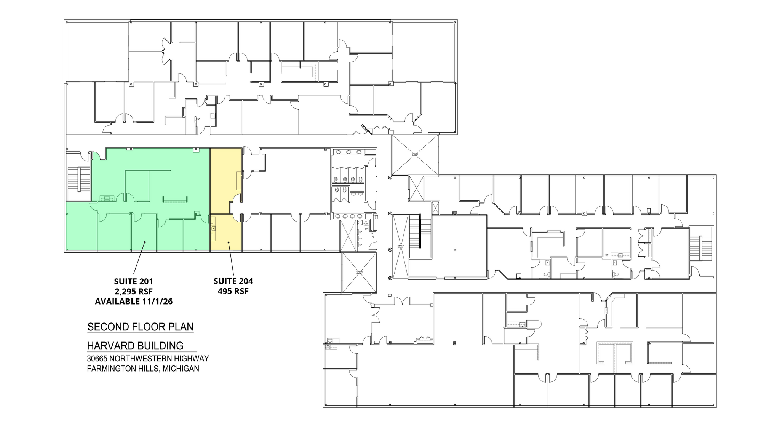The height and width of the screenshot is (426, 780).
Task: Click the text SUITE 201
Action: pos(133,282)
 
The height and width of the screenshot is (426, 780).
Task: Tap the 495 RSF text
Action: pos(233,291)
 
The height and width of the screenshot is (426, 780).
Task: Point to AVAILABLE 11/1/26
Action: pos(133,302)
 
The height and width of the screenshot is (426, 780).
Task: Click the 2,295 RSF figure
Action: pos(133,292)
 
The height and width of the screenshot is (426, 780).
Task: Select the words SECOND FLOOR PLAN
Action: pos(140,327)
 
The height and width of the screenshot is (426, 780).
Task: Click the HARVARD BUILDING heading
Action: pos(135,346)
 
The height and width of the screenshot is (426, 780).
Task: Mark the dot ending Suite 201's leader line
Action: pos(144,242)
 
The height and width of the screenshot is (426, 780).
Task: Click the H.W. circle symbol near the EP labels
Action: pos(366,223)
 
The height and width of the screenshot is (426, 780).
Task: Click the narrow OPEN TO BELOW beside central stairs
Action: pos(400,246)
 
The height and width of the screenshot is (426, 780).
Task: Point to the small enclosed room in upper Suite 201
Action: pos(137,186)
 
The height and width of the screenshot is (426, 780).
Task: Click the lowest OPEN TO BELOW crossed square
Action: pos(359,273)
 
